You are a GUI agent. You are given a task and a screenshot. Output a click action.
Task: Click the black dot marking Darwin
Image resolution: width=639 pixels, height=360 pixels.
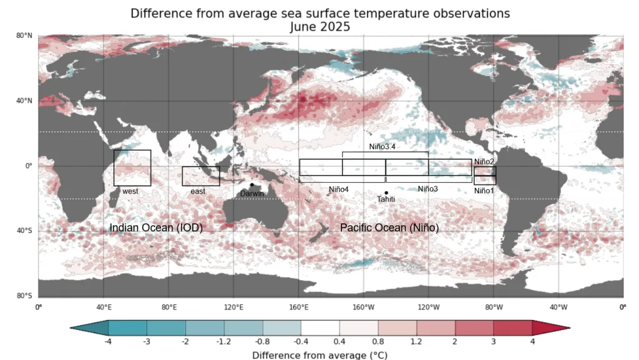252,185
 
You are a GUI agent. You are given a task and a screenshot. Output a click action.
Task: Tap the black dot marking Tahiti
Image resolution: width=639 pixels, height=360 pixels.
386,193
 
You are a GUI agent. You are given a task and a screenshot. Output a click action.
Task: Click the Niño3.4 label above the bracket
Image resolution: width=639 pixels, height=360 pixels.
383,147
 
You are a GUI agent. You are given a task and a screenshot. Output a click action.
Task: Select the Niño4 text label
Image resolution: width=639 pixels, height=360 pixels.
339,190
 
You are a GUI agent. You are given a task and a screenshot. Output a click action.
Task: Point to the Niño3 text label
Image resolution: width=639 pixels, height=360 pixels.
427,189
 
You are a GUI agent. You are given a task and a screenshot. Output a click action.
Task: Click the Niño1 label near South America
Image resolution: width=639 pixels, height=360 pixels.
484,190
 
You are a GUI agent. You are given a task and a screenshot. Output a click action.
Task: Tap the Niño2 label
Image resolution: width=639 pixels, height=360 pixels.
484,162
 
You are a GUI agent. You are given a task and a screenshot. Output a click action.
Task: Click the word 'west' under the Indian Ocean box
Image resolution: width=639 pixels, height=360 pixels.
130,192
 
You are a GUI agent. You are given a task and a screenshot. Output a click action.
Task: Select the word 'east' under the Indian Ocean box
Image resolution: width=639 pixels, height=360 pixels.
198,192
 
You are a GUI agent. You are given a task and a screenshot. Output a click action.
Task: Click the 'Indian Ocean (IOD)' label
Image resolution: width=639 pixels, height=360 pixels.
156,228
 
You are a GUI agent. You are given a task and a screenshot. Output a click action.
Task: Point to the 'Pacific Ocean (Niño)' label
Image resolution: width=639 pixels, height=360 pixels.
389,228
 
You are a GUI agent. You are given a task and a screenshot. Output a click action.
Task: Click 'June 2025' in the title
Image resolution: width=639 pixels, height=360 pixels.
320,27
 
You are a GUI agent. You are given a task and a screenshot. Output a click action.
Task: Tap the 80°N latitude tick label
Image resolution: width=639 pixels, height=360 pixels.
24,36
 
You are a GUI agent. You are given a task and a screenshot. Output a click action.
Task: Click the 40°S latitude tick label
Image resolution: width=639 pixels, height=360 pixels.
24,230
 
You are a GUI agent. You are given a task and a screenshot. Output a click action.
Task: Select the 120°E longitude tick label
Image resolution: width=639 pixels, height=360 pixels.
233,307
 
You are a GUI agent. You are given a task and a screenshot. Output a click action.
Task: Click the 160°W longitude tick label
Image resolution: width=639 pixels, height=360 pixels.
364,307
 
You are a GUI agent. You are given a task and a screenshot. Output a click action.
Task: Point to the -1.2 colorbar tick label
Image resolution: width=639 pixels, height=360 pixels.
224,342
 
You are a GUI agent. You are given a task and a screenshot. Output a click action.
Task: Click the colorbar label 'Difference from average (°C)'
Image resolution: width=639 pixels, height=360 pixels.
320,355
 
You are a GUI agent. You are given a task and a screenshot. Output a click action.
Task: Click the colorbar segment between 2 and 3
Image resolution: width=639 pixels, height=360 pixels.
474,328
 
